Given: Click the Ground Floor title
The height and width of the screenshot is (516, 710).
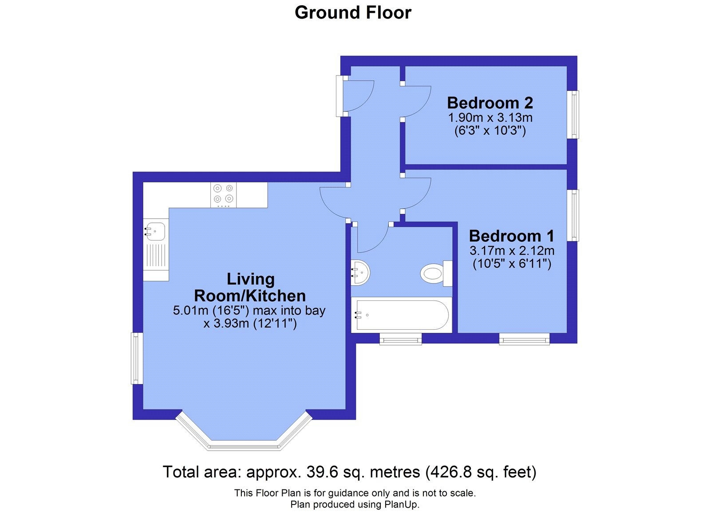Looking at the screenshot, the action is click(x=353, y=13).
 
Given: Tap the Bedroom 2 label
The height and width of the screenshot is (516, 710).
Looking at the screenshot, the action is click(x=490, y=102).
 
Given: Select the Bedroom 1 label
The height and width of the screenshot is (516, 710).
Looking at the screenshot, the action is click(x=512, y=236).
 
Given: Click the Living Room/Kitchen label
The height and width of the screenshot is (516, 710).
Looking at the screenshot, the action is click(x=250, y=287).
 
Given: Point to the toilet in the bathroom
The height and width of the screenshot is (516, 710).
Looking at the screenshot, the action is click(x=437, y=273).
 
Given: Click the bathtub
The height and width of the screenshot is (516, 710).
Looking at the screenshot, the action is click(x=402, y=315).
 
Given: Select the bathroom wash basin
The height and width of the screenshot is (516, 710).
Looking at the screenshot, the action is click(x=360, y=272).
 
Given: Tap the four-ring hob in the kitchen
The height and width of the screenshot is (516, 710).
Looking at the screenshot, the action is click(x=224, y=195).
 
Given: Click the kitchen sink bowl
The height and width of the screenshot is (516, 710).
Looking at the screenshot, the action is click(x=155, y=231).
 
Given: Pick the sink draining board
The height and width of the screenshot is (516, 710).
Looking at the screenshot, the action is click(x=156, y=255).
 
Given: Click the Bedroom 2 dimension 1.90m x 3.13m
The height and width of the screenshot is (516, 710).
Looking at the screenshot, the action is click(x=490, y=118).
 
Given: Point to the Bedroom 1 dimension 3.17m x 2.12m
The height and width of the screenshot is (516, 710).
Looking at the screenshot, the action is click(x=512, y=251).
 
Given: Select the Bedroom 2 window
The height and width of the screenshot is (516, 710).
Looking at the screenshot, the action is click(x=573, y=115).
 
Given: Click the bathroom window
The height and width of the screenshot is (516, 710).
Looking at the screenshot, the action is click(x=401, y=339).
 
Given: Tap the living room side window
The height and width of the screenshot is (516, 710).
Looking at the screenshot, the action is click(x=137, y=358).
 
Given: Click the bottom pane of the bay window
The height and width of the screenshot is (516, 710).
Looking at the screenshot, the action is click(x=244, y=445).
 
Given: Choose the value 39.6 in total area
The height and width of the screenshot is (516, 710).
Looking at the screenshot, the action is click(x=322, y=472).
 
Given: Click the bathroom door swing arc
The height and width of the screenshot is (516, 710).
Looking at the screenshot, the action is click(x=378, y=244).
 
